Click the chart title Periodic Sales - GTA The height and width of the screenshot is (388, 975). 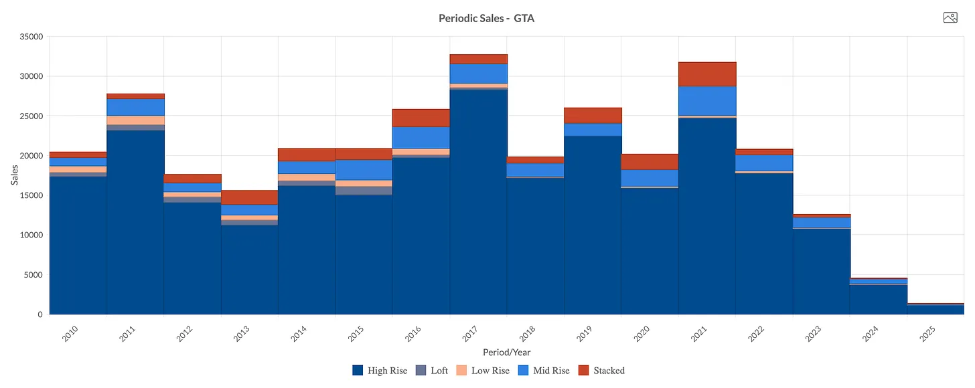click(486, 18)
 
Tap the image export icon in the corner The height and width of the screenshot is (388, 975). click(950, 18)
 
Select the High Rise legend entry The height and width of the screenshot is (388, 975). click(380, 371)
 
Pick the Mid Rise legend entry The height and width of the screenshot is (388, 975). click(544, 371)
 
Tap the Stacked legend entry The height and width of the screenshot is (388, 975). click(601, 371)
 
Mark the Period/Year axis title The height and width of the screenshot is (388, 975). click(506, 352)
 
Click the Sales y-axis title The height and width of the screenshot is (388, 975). click(15, 175)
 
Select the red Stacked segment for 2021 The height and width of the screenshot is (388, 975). click(706, 74)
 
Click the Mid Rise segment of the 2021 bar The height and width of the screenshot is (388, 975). click(706, 100)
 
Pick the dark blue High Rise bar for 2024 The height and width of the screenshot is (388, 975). click(878, 299)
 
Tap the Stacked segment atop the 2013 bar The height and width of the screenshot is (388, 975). click(249, 197)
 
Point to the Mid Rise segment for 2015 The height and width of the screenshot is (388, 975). click(364, 170)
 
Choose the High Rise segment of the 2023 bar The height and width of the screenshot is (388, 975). click(821, 271)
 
